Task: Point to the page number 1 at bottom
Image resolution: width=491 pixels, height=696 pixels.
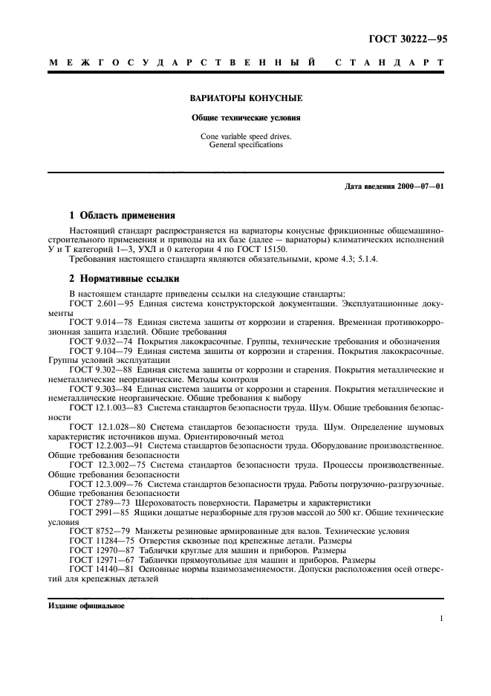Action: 441,619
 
